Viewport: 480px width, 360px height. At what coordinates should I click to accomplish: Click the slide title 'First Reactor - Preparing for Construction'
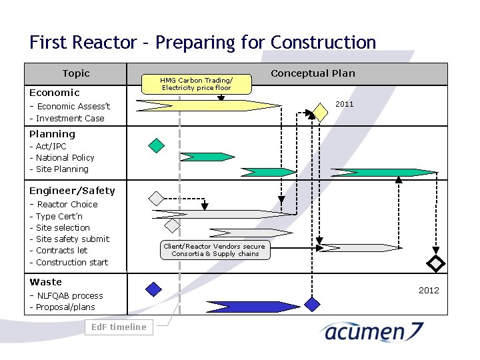[x=203, y=43]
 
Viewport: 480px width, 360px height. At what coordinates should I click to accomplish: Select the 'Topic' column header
[x=75, y=73]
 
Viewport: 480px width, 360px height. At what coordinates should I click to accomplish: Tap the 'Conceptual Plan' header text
[x=313, y=73]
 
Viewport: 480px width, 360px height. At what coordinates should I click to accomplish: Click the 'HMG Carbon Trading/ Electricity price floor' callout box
[x=196, y=84]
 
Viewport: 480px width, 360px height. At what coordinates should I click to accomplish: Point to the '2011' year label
[x=345, y=105]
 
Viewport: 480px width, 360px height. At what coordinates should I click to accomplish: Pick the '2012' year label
[x=429, y=290]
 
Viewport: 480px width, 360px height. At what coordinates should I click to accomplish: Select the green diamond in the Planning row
[x=156, y=145]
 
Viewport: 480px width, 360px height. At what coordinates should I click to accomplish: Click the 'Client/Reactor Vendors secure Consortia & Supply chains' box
[x=215, y=250]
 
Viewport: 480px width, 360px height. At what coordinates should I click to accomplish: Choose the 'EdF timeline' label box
[x=119, y=327]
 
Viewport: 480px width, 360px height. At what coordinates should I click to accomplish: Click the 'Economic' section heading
[x=54, y=93]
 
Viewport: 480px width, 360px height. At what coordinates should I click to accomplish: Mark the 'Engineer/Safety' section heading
[x=72, y=191]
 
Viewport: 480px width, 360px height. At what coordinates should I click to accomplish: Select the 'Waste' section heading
[x=45, y=282]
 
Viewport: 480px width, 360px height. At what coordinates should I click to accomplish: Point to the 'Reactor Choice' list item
[x=67, y=205]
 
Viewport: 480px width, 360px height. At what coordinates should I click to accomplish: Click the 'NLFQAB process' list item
[x=69, y=295]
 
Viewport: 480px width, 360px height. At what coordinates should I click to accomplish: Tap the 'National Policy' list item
[x=65, y=157]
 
